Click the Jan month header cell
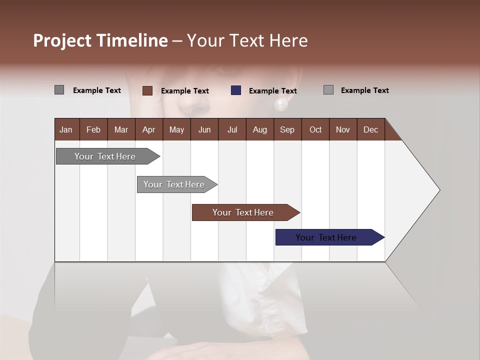click(x=66, y=129)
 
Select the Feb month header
click(x=93, y=129)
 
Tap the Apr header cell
click(x=148, y=129)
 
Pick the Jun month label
click(x=204, y=129)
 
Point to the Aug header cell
click(x=259, y=129)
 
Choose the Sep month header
click(x=287, y=129)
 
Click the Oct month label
click(x=315, y=129)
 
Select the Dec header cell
click(x=370, y=129)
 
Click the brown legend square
click(x=147, y=90)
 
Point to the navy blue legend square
click(x=236, y=90)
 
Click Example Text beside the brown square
click(x=185, y=91)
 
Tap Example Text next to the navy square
click(x=273, y=91)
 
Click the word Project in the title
click(x=62, y=40)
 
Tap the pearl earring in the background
click(x=280, y=104)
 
